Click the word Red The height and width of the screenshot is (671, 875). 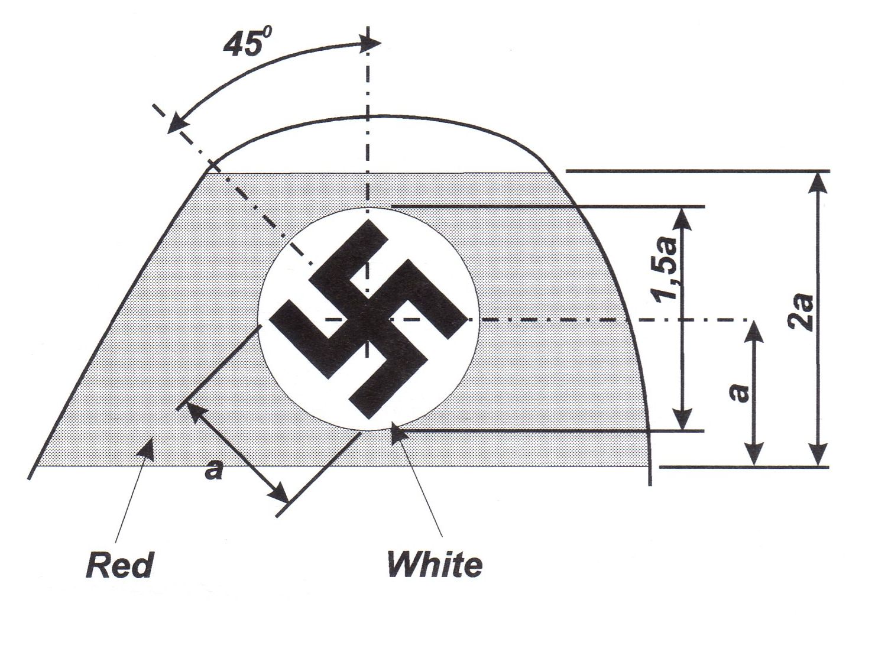(x=120, y=565)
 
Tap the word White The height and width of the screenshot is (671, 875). (x=435, y=565)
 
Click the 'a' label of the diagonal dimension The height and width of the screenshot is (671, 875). (x=213, y=471)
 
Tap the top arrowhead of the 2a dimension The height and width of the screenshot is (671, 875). (x=818, y=181)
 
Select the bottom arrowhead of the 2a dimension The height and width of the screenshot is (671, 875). (x=818, y=458)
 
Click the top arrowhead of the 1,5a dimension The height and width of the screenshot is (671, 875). (x=683, y=216)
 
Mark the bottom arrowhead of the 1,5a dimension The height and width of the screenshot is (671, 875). (x=683, y=421)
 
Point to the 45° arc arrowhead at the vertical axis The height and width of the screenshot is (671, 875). (x=371, y=43)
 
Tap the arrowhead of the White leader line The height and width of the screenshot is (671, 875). (x=397, y=434)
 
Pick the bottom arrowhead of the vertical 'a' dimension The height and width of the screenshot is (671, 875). (x=753, y=458)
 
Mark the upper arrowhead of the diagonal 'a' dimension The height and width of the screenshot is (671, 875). (x=193, y=410)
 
